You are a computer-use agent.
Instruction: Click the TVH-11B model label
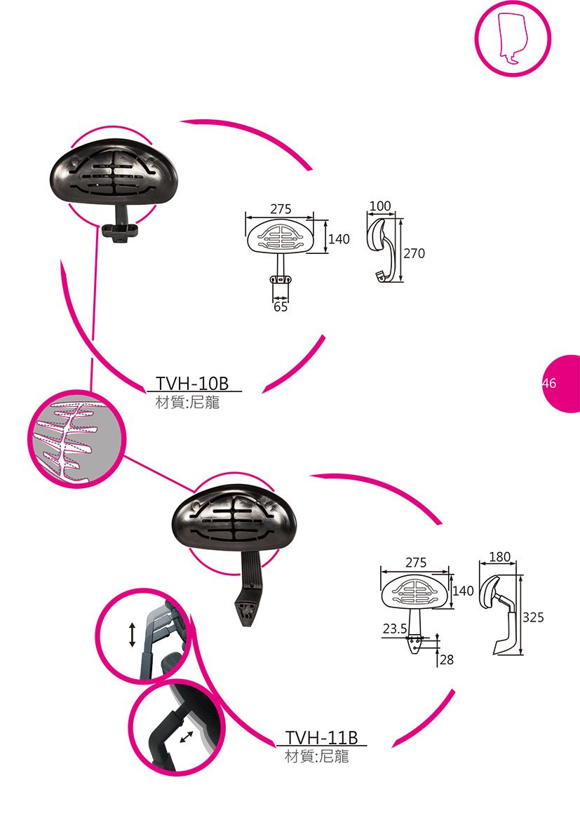pos(322,738)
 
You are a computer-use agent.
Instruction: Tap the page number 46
pos(548,383)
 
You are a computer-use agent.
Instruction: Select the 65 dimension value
pos(281,307)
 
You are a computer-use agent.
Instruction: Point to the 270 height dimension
pos(414,253)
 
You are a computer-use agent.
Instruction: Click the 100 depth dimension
pos(379,206)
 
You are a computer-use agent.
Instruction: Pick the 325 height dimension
pos(533,617)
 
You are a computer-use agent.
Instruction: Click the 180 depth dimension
pos(499,557)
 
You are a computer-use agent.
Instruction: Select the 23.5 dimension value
pos(395,629)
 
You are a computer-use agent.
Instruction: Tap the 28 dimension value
pos(447,660)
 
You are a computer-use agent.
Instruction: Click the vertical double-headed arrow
pos(132,633)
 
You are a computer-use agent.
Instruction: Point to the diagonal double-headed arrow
pos(187,737)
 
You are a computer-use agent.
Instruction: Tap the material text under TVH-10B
pos(187,403)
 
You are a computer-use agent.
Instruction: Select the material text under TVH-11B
pos(316,757)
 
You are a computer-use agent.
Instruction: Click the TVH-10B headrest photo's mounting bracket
pos(121,231)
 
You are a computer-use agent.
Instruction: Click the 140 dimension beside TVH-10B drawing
pos(339,239)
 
